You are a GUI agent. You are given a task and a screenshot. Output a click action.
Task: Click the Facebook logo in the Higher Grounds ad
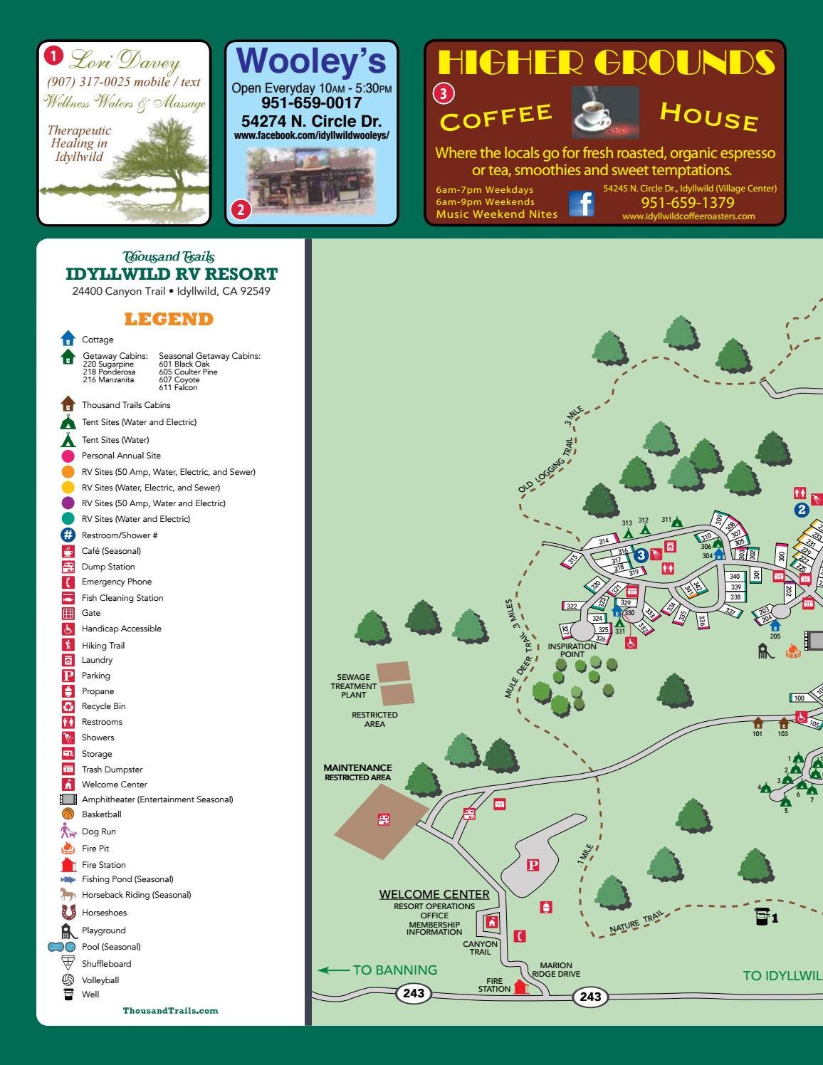point(581,204)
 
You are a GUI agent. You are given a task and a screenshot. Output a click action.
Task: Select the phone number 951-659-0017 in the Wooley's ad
point(312,103)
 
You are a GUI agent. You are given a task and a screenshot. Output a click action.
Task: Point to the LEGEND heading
point(169,319)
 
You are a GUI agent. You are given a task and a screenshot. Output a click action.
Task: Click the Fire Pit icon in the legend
point(68,848)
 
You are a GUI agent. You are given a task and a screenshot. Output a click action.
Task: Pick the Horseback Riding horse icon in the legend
point(68,895)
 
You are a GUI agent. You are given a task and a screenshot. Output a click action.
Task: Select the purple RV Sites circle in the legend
point(68,503)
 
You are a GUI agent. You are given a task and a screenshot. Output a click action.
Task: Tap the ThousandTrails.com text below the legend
point(170,1011)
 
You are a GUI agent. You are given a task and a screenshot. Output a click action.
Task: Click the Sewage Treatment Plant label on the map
point(353,686)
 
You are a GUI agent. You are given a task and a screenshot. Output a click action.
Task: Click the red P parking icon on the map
point(532,866)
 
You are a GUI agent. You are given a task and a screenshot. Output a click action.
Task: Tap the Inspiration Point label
point(572,650)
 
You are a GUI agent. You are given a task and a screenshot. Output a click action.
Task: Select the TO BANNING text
point(394,970)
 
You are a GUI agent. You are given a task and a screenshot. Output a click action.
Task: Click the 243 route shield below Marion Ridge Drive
point(590,997)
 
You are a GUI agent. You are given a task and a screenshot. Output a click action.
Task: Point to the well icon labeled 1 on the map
point(762,917)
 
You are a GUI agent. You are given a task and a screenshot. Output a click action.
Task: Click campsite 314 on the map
point(604,542)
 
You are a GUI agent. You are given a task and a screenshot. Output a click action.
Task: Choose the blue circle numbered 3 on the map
point(641,554)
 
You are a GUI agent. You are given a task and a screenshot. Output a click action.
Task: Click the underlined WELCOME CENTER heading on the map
point(434,894)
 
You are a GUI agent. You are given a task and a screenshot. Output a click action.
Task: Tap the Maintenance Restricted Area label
point(357,772)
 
